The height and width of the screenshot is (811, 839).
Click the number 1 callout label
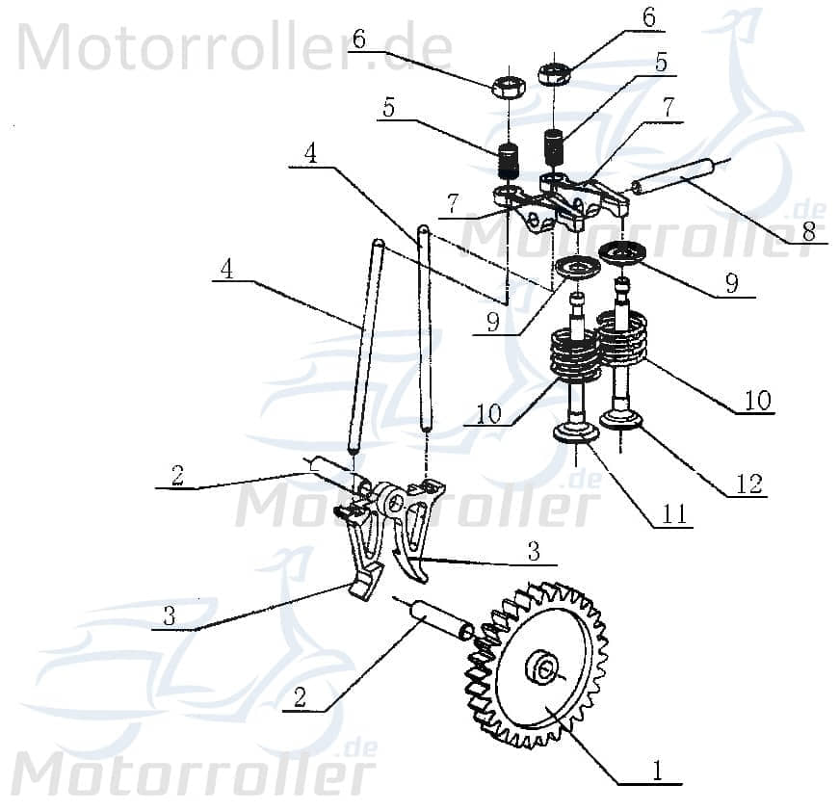pyautogui.click(x=658, y=771)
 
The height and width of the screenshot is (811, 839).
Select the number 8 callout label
pyautogui.click(x=808, y=231)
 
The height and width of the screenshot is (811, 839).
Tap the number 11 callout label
pyautogui.click(x=674, y=515)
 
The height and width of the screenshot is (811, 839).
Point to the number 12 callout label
pyautogui.click(x=748, y=484)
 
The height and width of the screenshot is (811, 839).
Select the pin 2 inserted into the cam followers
pyautogui.click(x=332, y=474)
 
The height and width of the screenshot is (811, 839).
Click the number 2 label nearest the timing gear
pyautogui.click(x=301, y=697)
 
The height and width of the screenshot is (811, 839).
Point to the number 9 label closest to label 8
pyautogui.click(x=731, y=282)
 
